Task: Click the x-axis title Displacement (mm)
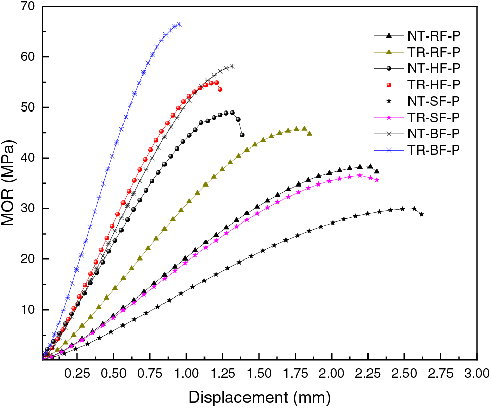(260, 396)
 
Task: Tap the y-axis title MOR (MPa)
(11, 183)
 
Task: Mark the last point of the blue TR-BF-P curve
(179, 24)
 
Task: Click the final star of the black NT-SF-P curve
(421, 214)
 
